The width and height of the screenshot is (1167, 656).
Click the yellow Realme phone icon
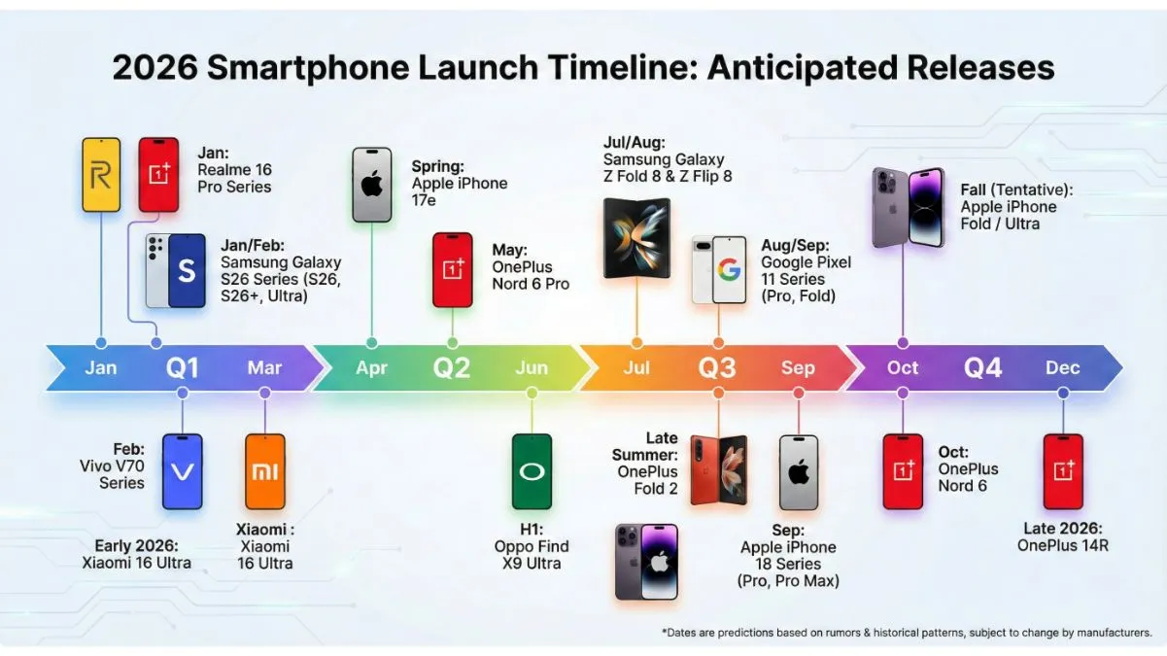click(101, 175)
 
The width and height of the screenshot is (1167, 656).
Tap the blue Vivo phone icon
click(183, 471)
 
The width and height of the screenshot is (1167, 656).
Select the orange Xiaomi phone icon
click(265, 471)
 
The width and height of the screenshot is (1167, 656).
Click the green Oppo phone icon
click(532, 471)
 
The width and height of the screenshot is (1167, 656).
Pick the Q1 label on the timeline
click(182, 368)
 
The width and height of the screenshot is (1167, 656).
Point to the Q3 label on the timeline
click(717, 368)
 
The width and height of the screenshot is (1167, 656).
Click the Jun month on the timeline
click(532, 368)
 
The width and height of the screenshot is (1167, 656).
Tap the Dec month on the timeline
click(1062, 368)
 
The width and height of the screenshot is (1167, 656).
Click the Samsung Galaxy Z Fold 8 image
click(636, 238)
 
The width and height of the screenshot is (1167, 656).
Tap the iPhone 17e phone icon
click(371, 185)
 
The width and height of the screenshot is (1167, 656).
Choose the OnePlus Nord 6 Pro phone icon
click(453, 269)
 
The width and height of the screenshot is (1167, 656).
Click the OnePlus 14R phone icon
click(1063, 471)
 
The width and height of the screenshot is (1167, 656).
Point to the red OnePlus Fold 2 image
click(719, 470)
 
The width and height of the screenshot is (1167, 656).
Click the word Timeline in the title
click(611, 67)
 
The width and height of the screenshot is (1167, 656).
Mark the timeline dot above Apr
click(371, 342)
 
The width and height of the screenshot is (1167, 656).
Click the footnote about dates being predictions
click(906, 633)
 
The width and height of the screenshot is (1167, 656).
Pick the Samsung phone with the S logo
click(186, 271)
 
